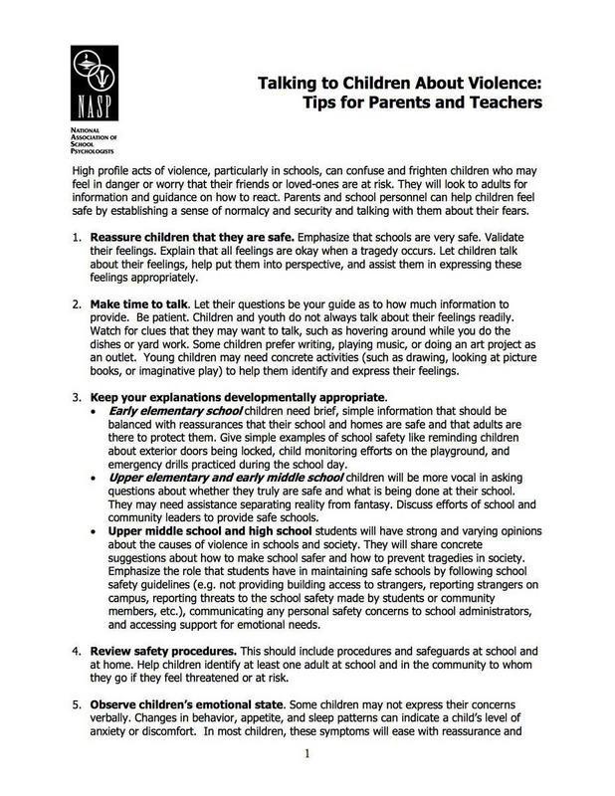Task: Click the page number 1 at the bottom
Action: coord(308,781)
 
